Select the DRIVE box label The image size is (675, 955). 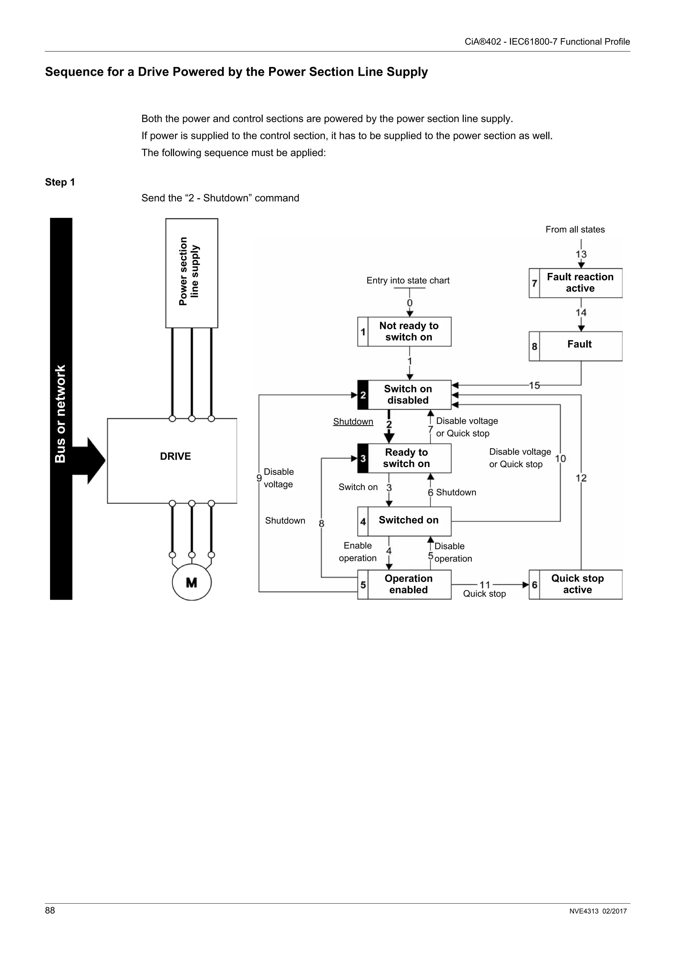pos(175,456)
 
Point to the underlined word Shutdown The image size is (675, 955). pos(353,421)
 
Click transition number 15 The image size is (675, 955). pos(534,385)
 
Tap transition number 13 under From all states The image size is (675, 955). pos(581,254)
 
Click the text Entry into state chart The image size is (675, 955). pos(408,280)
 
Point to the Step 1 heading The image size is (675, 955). pos(60,182)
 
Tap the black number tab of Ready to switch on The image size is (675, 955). pos(363,458)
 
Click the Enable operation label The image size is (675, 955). pos(357,552)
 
